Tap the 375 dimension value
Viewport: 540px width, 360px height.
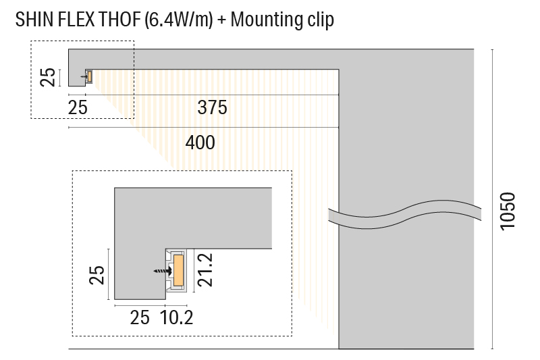tap(212, 107)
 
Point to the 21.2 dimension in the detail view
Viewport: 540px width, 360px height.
tap(206, 270)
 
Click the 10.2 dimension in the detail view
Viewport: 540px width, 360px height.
tap(178, 316)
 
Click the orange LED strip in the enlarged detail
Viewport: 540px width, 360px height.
tap(179, 270)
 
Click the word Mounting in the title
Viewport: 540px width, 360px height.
tap(268, 20)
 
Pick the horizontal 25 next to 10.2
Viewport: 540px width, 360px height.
tap(140, 316)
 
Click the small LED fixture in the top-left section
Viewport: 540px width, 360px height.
tap(88, 76)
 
